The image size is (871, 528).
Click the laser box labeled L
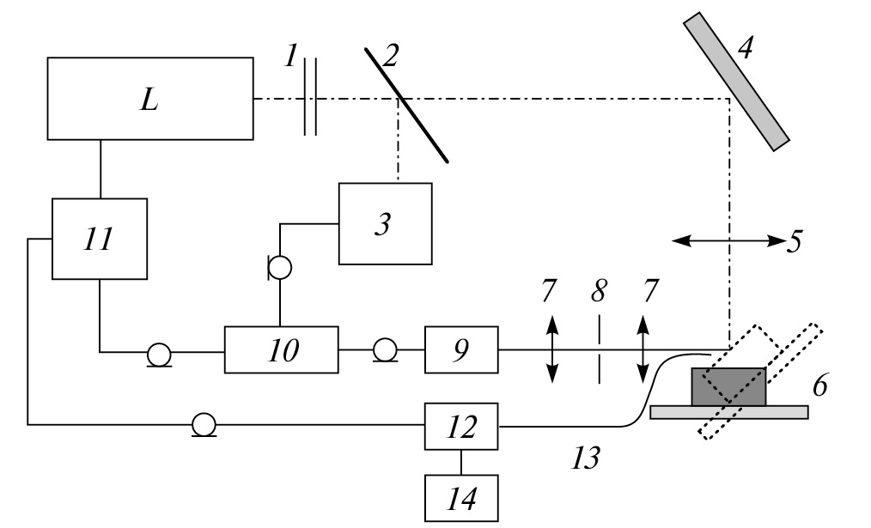tap(151, 98)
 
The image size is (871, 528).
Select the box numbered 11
tap(100, 239)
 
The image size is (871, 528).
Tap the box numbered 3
tap(385, 223)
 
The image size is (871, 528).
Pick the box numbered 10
tap(281, 350)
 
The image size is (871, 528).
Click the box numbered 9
tap(462, 350)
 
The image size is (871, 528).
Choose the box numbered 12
tap(462, 426)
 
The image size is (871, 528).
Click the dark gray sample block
tap(728, 387)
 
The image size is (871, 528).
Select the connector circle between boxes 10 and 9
tap(384, 350)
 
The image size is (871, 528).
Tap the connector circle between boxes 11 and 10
tap(158, 352)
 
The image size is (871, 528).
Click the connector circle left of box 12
tap(203, 424)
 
